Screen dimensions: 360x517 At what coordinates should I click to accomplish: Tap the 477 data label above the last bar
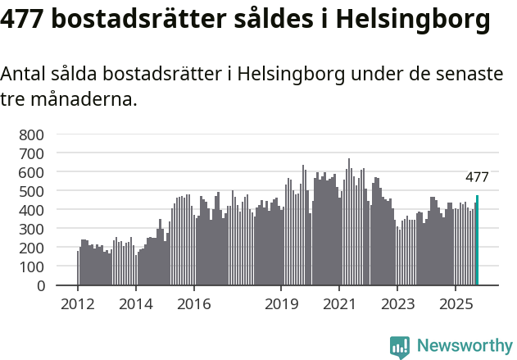click(477, 177)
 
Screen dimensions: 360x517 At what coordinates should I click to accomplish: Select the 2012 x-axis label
click(78, 305)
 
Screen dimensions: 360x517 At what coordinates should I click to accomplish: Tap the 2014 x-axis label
click(136, 305)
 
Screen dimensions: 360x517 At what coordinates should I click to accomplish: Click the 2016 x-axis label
click(193, 305)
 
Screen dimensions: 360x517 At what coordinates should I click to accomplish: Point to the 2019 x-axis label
click(281, 305)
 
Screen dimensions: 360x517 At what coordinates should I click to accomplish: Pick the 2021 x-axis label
click(338, 305)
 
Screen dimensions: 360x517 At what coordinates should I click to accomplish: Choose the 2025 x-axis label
click(455, 305)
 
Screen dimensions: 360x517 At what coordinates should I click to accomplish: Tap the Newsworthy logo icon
click(400, 347)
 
